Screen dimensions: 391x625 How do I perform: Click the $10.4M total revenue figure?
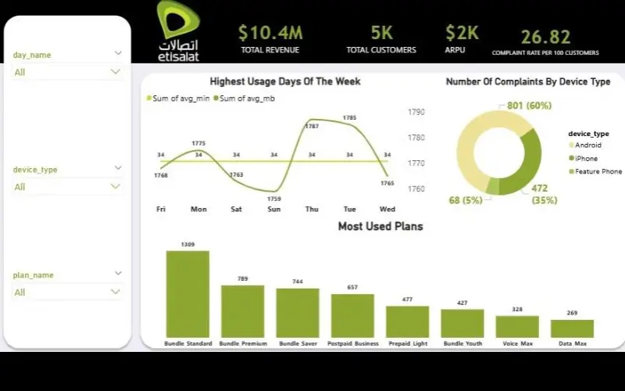270,33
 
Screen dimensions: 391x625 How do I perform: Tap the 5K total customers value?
381,33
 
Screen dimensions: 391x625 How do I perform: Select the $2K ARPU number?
461,33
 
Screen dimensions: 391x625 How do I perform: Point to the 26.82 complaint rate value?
545,37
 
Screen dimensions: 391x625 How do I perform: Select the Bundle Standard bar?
187,294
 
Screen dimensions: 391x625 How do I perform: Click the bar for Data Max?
572,328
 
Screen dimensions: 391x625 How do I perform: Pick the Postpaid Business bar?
352,315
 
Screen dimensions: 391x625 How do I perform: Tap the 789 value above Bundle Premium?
243,278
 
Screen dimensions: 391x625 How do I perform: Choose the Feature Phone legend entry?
598,171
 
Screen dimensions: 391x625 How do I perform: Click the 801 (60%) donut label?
529,106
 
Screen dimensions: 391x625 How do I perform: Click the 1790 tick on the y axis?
416,112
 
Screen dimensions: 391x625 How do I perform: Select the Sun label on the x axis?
273,209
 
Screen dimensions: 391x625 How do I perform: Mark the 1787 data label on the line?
312,126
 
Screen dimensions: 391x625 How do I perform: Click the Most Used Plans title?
380,227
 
